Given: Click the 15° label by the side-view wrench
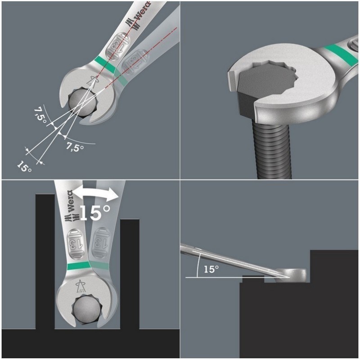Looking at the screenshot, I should point(210,269).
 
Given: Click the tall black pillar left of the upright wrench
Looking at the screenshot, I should point(45,261).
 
